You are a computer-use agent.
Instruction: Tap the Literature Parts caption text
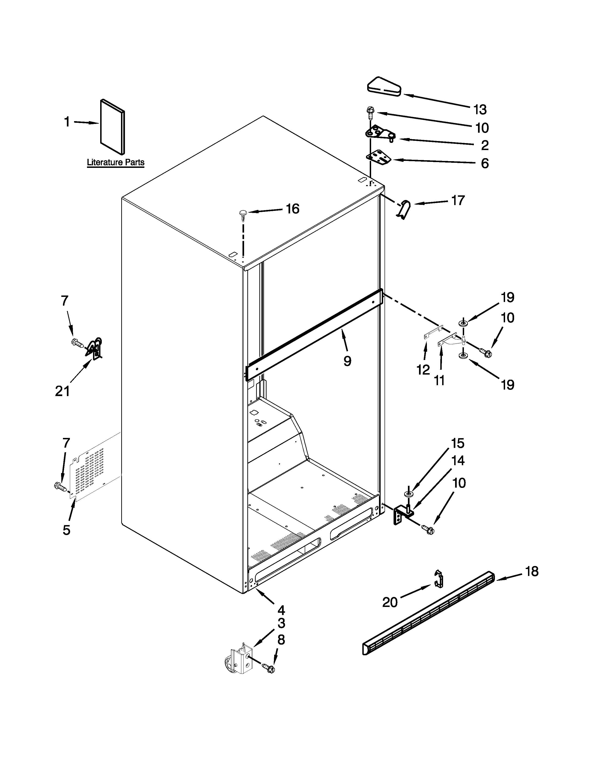coord(115,163)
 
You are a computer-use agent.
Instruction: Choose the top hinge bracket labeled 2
coord(379,134)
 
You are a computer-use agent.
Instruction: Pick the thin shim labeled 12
coord(433,332)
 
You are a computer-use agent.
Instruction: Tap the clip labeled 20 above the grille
coord(439,581)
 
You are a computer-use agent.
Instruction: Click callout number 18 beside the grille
coord(532,572)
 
